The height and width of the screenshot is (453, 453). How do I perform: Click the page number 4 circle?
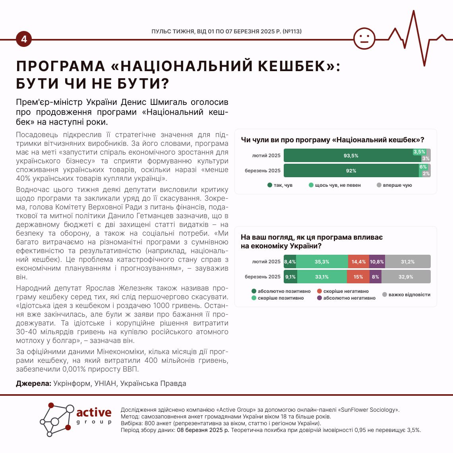pyautogui.click(x=24, y=39)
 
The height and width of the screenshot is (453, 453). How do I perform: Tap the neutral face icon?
pyautogui.click(x=364, y=39)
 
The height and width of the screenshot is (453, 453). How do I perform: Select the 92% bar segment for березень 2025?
pyautogui.click(x=351, y=171)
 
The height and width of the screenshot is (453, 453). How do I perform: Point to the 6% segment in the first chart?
pyautogui.click(x=423, y=167)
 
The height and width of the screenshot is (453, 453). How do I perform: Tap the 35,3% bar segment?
pyautogui.click(x=322, y=262)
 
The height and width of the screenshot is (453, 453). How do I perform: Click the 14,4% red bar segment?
pyautogui.click(x=358, y=262)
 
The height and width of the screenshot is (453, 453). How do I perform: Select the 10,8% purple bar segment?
pyautogui.click(x=377, y=262)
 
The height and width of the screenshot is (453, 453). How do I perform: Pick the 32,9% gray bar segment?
pyautogui.click(x=406, y=277)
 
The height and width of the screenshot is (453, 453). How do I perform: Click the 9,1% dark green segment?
pyautogui.click(x=290, y=277)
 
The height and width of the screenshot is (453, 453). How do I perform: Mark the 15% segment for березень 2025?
pyautogui.click(x=358, y=277)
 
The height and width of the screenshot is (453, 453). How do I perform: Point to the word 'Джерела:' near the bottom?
pyautogui.click(x=34, y=383)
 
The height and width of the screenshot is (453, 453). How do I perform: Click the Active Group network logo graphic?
pyautogui.click(x=58, y=419)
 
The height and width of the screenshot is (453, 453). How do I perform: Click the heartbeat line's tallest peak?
pyautogui.click(x=414, y=12)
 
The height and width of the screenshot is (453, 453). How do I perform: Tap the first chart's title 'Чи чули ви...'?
pyautogui.click(x=332, y=140)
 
